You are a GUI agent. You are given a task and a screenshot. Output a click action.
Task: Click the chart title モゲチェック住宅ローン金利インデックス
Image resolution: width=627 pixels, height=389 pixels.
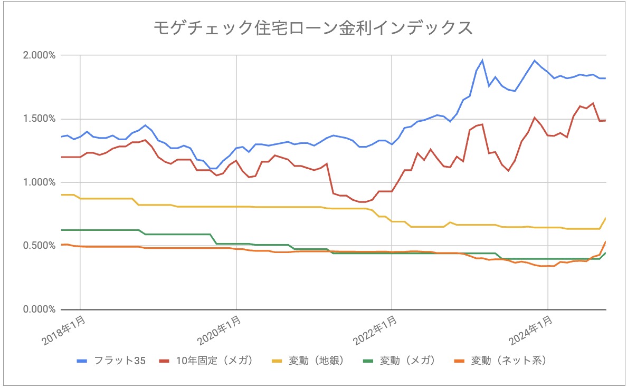click(313, 28)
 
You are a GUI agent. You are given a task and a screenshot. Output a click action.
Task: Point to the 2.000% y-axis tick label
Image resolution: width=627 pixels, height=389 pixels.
click(40, 55)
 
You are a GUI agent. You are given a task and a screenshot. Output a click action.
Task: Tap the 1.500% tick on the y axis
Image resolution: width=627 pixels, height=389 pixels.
click(40, 119)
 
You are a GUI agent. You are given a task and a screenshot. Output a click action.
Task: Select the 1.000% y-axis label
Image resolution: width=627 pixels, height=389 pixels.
click(40, 182)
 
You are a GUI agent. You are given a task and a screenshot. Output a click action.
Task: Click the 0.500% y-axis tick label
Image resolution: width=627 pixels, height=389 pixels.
click(40, 246)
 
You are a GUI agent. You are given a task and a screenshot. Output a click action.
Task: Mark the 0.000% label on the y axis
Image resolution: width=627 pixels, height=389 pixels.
click(40, 309)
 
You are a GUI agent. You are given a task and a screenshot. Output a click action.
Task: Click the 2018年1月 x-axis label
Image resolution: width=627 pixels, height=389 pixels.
click(63, 330)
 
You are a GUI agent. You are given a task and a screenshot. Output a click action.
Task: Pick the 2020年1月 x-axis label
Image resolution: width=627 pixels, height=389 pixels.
click(220, 330)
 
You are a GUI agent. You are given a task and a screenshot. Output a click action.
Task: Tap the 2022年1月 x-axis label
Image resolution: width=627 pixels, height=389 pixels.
click(375, 330)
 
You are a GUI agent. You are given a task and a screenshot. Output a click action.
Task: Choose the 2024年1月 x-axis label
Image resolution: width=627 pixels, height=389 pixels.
click(531, 330)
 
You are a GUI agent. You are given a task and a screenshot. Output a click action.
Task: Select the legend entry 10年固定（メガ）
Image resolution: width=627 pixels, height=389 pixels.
click(214, 361)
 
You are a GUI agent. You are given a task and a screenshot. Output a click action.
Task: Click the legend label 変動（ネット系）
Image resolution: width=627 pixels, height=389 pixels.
click(508, 361)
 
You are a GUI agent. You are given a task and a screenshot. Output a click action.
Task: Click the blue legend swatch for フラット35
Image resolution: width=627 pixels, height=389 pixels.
click(83, 361)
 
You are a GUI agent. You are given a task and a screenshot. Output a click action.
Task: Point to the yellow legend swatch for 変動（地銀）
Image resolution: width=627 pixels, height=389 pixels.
click(278, 361)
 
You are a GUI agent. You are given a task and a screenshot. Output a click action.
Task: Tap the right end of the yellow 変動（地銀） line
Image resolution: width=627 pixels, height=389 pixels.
click(605, 218)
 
